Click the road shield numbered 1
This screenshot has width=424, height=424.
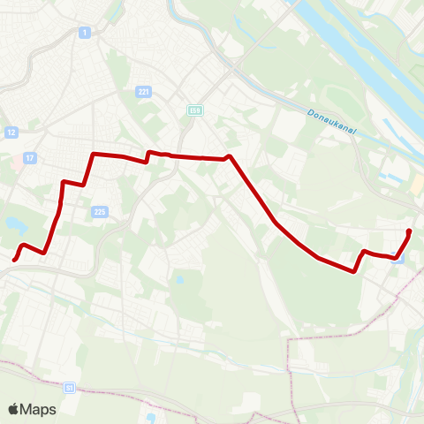84,32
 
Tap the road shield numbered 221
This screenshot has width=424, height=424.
144,91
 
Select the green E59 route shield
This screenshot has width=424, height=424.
194,110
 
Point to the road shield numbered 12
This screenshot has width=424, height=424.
11,132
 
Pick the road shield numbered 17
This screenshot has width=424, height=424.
30,158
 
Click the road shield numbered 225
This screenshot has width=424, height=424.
100,211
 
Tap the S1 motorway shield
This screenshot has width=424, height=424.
70,387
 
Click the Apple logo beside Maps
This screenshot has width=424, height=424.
15,409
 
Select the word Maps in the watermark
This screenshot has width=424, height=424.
39,409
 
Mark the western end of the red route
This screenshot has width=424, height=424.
15,259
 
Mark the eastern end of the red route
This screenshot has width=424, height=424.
409,231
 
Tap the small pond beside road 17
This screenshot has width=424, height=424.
15,224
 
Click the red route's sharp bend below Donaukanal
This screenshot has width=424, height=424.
229,156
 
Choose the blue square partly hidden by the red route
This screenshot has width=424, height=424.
398,260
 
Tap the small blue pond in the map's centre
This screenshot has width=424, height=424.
179,280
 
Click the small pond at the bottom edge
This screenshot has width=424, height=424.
151,417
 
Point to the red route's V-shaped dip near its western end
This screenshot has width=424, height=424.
43,252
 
